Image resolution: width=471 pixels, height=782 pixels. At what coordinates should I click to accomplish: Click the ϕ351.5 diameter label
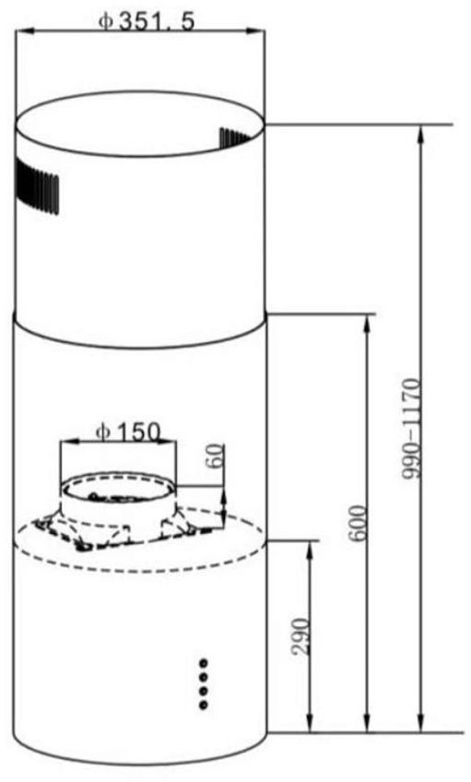(146, 21)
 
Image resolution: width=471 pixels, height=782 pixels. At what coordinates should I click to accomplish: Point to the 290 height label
(300, 636)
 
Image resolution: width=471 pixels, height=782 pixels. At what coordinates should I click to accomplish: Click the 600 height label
(358, 523)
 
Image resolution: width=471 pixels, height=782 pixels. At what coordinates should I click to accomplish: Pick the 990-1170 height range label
(412, 429)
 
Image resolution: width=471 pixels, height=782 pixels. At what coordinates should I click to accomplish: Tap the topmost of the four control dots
(204, 663)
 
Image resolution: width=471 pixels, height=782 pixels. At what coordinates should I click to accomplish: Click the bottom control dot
(204, 705)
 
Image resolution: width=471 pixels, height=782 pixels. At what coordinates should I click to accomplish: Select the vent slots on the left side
(37, 186)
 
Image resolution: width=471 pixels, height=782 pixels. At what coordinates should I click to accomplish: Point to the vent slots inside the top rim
(235, 138)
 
